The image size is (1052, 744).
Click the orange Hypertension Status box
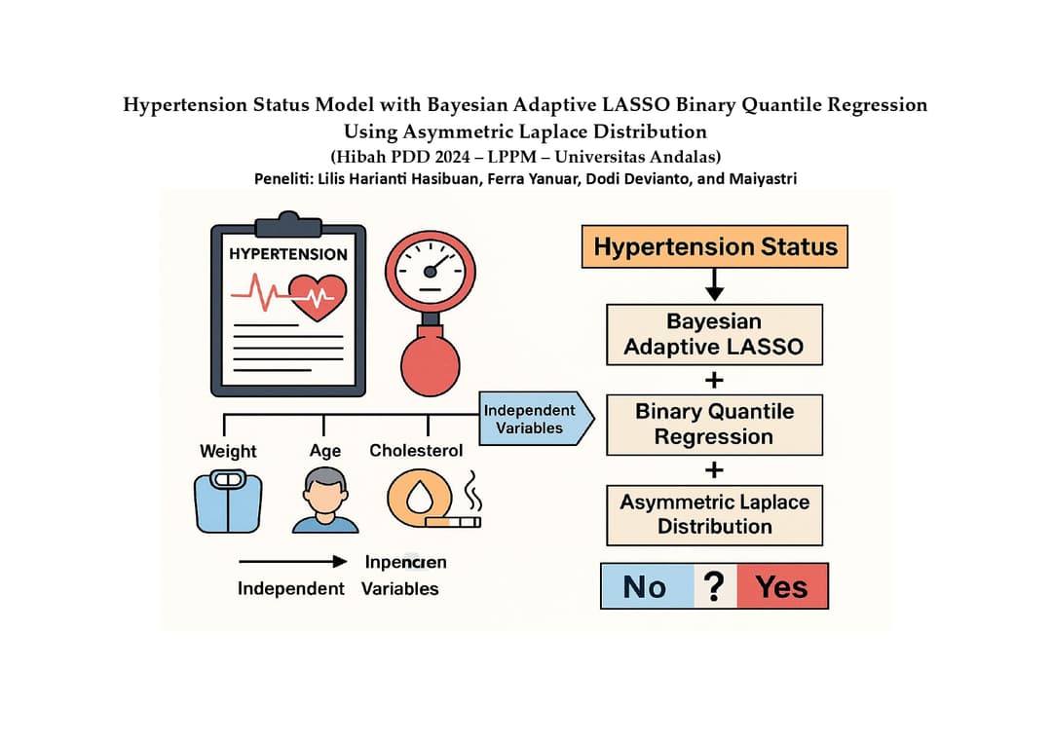click(715, 246)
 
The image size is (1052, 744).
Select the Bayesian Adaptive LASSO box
click(714, 334)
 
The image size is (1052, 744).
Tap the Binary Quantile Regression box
click(714, 425)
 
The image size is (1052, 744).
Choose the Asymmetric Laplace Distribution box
click(714, 514)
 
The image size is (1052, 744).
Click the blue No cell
click(645, 586)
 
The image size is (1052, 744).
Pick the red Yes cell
click(781, 586)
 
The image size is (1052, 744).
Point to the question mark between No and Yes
click(714, 586)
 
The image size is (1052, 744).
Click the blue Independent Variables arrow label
click(531, 419)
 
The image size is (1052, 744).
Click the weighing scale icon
click(228, 501)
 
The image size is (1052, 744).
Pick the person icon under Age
click(324, 501)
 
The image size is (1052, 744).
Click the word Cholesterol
click(416, 451)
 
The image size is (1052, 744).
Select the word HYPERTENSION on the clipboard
click(288, 254)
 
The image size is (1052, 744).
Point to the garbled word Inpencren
click(405, 562)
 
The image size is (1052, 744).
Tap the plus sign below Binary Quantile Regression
click(714, 469)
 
